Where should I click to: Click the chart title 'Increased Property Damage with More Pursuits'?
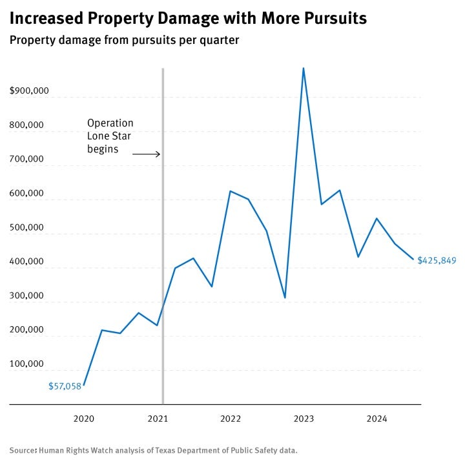[x=188, y=19]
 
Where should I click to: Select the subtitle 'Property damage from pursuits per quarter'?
[x=124, y=41]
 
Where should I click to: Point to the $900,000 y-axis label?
[x=30, y=91]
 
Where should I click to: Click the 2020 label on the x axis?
[x=84, y=419]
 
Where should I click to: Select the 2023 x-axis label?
[x=304, y=419]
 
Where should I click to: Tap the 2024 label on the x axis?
[x=377, y=419]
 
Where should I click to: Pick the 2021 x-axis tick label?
[x=158, y=419]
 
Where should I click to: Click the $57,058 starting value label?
[x=65, y=386]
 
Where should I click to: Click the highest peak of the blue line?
[x=304, y=68]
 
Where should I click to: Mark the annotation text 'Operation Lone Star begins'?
[x=110, y=136]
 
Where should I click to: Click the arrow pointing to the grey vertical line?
[x=147, y=154]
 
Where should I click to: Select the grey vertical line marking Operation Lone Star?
[x=163, y=258]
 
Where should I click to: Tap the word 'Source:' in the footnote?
[x=23, y=450]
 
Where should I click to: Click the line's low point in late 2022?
[x=285, y=298]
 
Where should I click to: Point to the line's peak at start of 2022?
[x=230, y=191]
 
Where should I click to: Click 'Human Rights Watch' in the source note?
[x=71, y=450]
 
